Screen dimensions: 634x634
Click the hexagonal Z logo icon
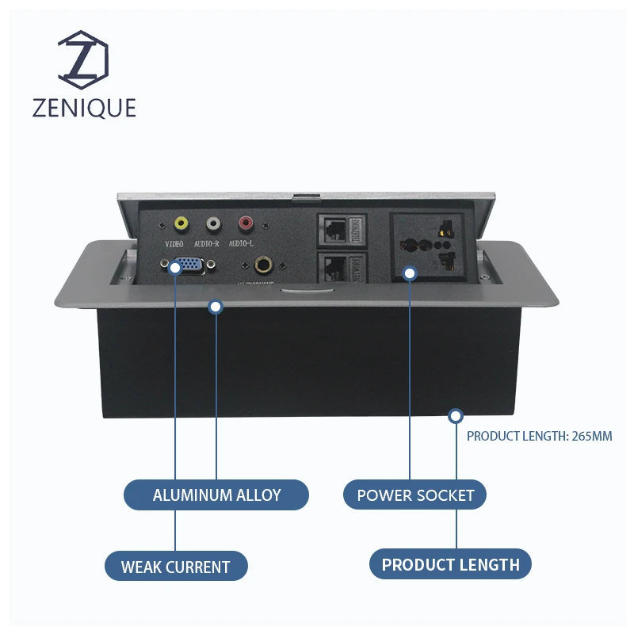tap(84, 61)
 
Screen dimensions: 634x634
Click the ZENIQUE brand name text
tap(84, 108)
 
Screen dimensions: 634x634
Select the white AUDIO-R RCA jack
tap(213, 224)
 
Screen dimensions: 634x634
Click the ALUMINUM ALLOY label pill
tap(216, 495)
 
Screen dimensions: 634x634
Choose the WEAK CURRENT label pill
tap(176, 567)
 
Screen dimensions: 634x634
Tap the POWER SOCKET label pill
tap(414, 495)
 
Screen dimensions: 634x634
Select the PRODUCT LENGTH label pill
tap(450, 564)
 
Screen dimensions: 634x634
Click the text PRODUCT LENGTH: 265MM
tap(539, 436)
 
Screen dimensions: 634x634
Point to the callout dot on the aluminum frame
tap(216, 306)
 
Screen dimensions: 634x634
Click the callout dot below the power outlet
tap(409, 274)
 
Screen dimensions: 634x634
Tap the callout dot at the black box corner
tap(456, 415)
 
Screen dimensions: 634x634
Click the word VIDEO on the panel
tap(174, 244)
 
